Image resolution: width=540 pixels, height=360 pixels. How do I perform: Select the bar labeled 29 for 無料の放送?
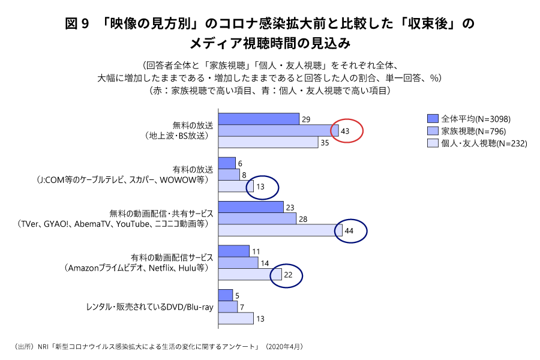[259, 119]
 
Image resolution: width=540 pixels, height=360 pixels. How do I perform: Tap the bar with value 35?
[268, 143]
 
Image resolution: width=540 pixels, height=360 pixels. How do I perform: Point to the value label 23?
[291, 207]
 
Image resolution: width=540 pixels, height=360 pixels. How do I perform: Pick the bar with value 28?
[257, 219]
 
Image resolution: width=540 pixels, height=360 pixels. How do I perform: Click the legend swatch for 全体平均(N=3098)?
[433, 118]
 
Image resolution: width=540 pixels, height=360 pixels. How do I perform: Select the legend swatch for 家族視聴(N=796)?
[433, 131]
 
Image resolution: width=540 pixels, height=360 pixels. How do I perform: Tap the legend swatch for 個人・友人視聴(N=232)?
[433, 143]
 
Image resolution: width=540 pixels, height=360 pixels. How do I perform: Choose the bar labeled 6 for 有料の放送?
[227, 163]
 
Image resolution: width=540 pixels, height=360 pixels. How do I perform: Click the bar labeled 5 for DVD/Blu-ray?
[226, 295]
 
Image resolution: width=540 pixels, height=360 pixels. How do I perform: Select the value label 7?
[242, 307]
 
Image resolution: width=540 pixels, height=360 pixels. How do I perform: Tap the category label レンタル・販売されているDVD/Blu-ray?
[150, 307]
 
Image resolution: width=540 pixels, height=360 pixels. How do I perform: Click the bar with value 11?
[233, 251]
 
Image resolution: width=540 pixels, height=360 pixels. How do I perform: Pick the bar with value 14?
[238, 263]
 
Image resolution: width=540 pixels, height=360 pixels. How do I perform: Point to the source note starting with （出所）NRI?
[157, 347]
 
